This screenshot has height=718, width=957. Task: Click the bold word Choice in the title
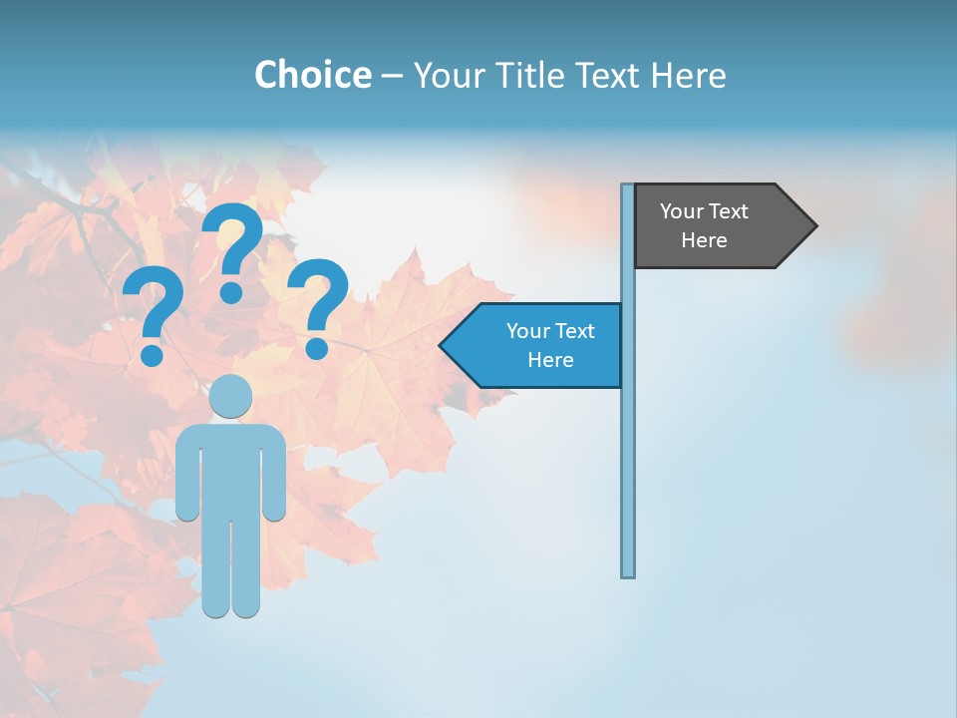[312, 75]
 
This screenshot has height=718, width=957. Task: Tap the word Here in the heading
[688, 75]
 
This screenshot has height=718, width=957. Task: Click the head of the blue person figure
[231, 396]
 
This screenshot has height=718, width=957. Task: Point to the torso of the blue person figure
[231, 469]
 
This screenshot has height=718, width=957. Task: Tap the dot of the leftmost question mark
[152, 355]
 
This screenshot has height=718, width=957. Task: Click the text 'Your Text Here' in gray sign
[704, 225]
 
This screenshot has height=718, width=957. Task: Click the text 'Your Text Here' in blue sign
[550, 345]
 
